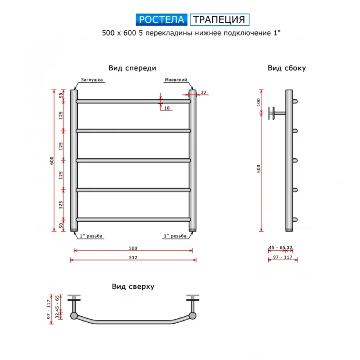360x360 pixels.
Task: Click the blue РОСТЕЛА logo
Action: pos(161,19)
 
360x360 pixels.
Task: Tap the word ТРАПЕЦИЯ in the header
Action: pos(220,19)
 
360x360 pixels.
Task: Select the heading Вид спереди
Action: pos(132,68)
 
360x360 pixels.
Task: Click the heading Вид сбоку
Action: pos(287,68)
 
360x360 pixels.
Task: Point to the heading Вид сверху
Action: pos(133,287)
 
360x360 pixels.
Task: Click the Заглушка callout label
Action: pos(91,80)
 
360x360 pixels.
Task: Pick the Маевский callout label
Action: pos(176,80)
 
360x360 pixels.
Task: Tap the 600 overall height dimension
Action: pos(51,161)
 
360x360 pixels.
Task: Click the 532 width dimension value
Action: pos(133,258)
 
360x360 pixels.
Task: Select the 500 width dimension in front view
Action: pos(133,248)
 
